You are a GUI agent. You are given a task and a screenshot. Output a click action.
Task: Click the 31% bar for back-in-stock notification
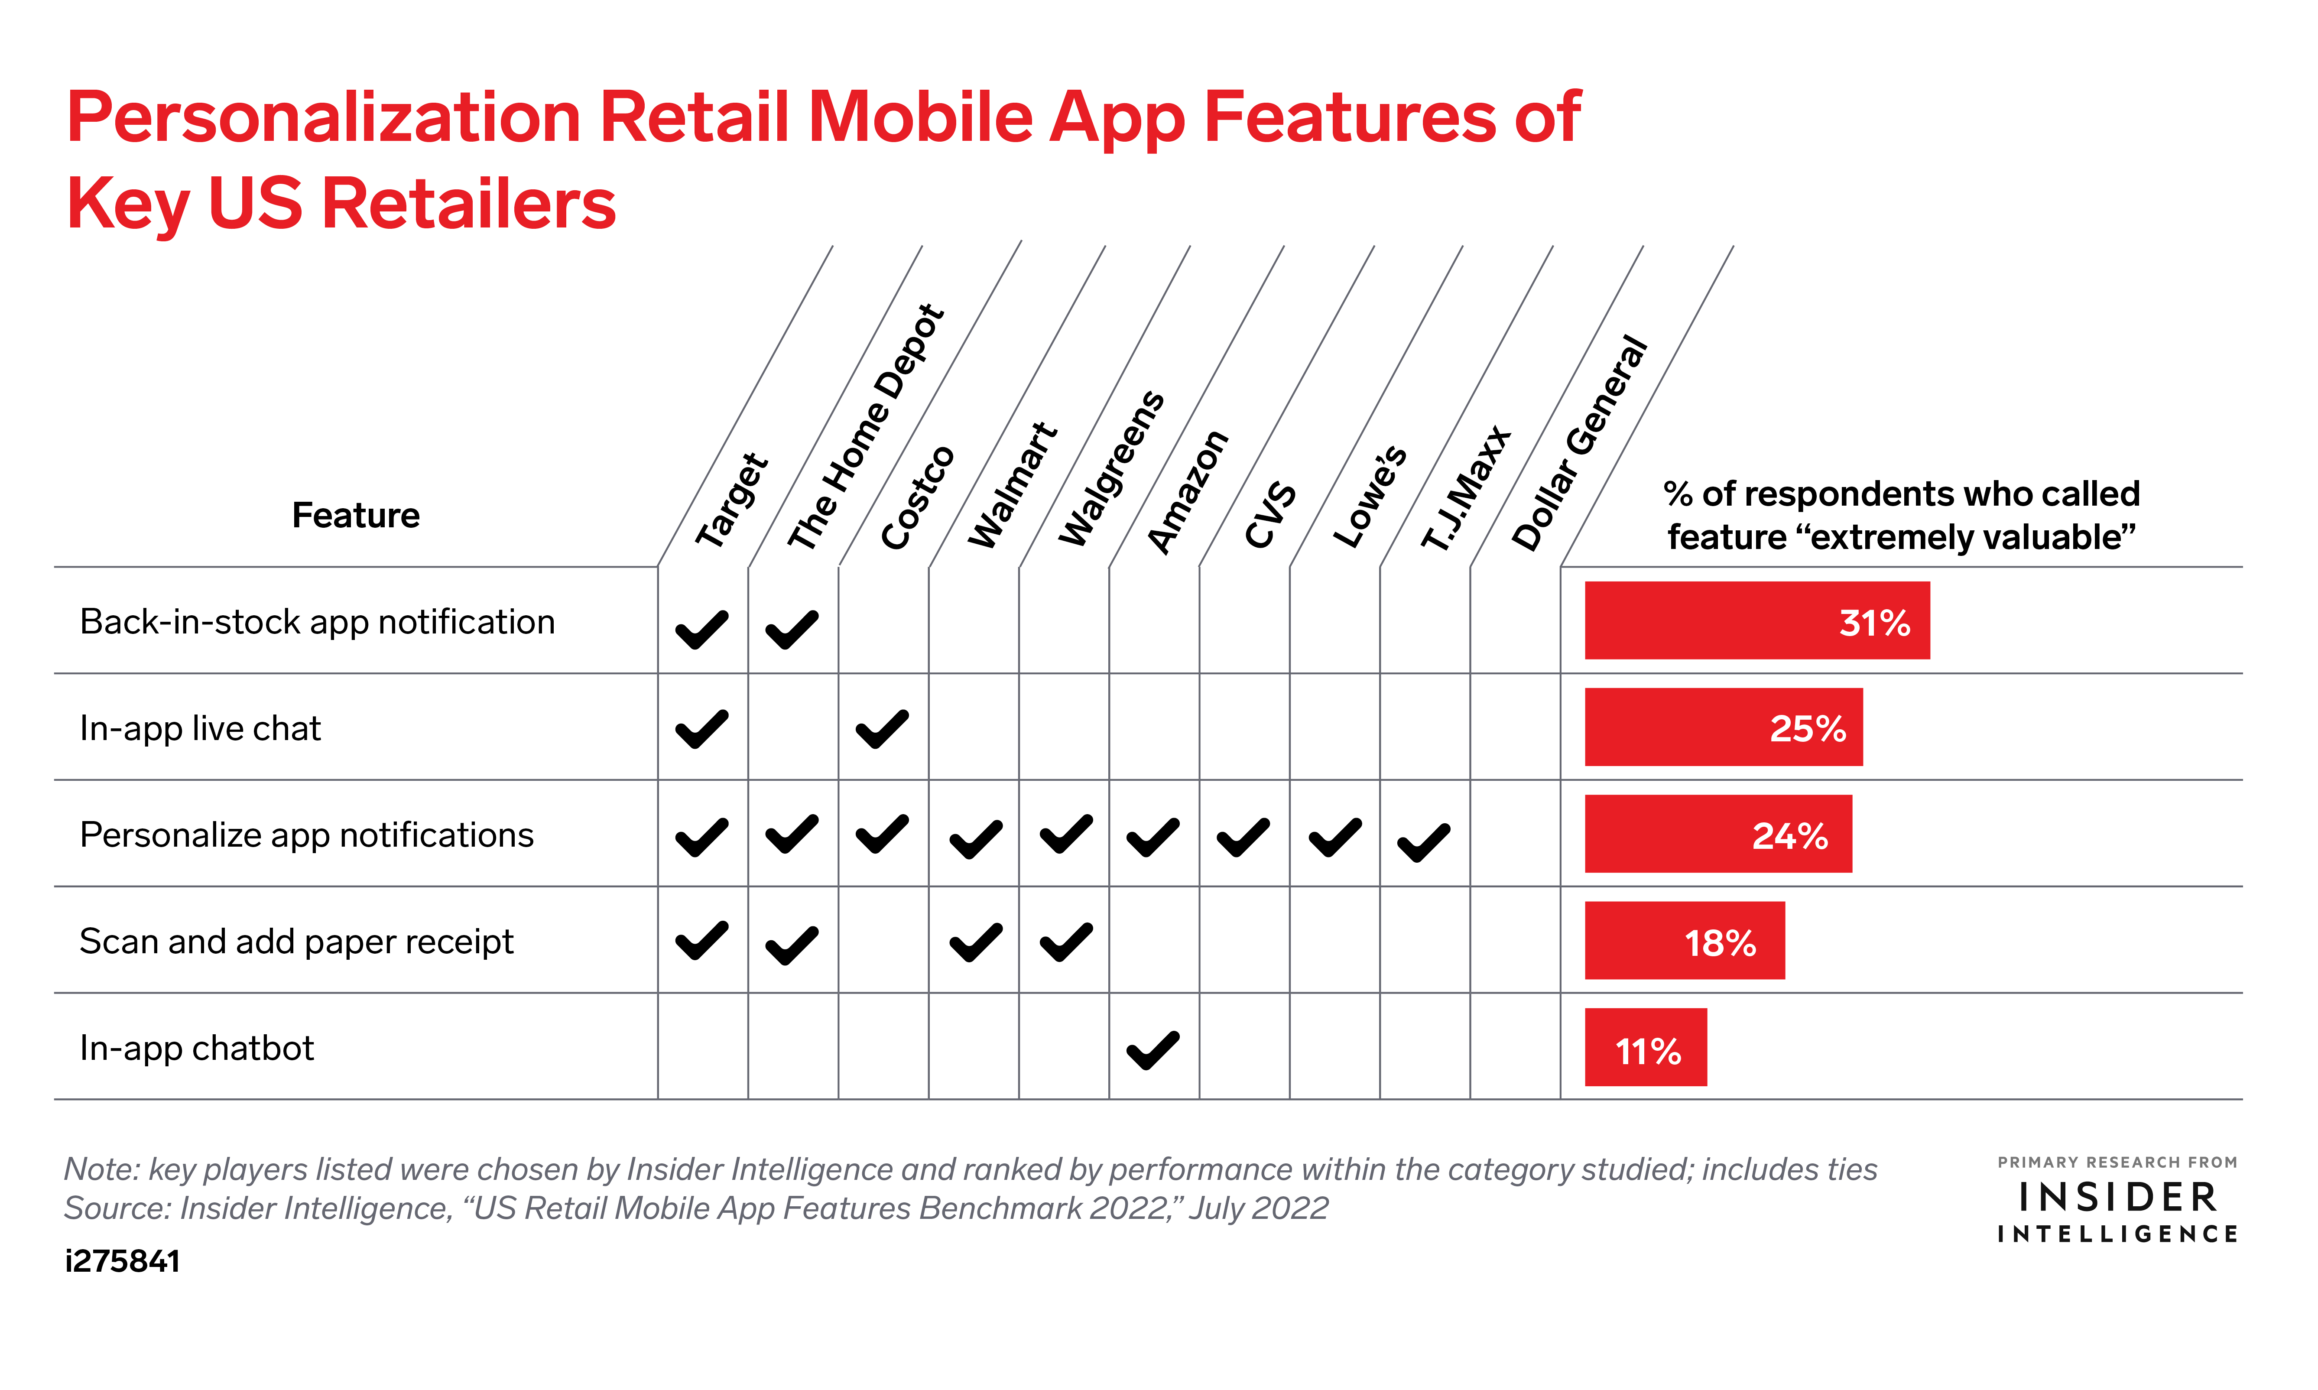(x=1757, y=620)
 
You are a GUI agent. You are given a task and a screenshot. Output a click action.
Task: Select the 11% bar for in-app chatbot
(x=1646, y=1047)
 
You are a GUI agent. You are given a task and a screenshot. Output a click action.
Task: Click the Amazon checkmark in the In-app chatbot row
(x=1153, y=1050)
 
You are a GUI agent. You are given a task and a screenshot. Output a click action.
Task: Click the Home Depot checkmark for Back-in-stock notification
(x=792, y=630)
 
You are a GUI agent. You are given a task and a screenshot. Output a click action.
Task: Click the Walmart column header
(x=1013, y=485)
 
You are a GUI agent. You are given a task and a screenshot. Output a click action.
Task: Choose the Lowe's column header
(x=1369, y=497)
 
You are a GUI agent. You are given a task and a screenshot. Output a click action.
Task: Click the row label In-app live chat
(x=201, y=729)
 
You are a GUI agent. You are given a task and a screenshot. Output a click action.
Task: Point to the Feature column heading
(x=356, y=515)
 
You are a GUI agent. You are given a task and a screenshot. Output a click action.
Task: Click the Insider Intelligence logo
(x=2117, y=1200)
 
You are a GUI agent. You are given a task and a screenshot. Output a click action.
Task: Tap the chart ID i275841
(x=123, y=1262)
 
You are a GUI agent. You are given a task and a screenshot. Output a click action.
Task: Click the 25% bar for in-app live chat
(x=1723, y=727)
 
